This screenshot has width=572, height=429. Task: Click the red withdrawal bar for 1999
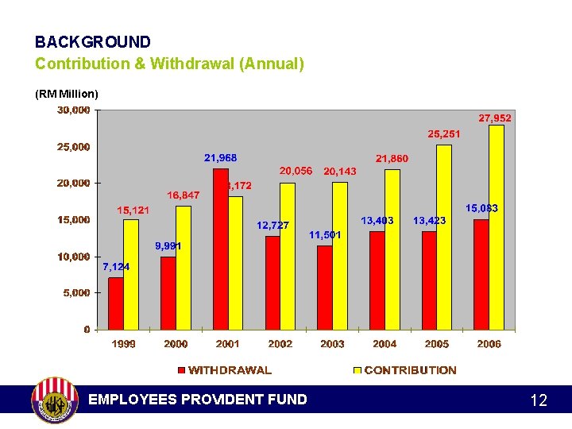[x=116, y=303]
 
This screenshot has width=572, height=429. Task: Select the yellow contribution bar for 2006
[x=497, y=227]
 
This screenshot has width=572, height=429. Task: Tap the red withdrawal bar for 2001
[x=220, y=249]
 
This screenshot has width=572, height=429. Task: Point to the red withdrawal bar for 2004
[x=377, y=280]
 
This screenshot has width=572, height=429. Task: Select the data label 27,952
[x=495, y=118]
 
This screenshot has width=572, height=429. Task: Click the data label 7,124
[x=116, y=267]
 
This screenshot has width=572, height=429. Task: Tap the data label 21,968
[x=220, y=158]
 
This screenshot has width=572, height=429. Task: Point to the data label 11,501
[x=325, y=235]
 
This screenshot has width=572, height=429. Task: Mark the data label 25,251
[x=444, y=134]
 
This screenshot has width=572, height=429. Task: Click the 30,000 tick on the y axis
[x=73, y=110]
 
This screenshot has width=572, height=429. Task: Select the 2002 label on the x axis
[x=280, y=344]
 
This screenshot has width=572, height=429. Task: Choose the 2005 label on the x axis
[x=436, y=344]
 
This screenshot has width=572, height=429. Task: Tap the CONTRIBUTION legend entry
[x=404, y=370]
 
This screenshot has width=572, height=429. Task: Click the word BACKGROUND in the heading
[x=93, y=42]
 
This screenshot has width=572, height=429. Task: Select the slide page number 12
[x=539, y=400]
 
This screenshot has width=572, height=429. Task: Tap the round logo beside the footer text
[x=54, y=400]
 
